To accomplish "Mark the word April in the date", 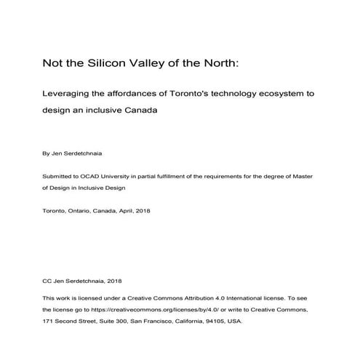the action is tap(137, 211).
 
